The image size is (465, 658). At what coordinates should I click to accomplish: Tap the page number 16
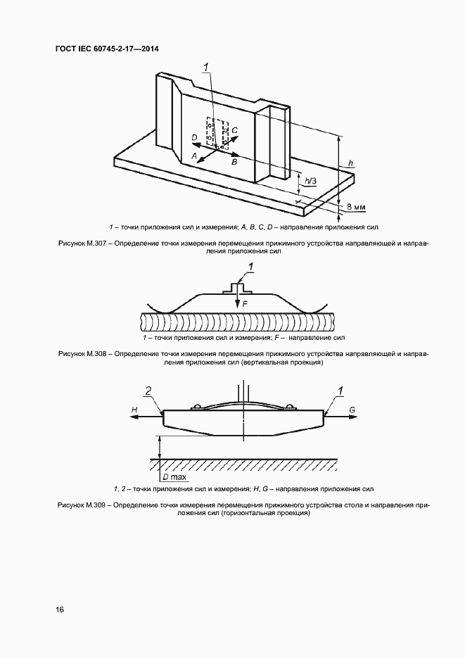pyautogui.click(x=59, y=609)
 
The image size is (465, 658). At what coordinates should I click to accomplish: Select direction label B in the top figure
pyautogui.click(x=235, y=162)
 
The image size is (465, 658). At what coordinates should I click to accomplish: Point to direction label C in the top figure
pyautogui.click(x=235, y=130)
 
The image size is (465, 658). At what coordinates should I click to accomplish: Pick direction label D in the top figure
pyautogui.click(x=194, y=137)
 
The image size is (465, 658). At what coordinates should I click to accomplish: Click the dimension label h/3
pyautogui.click(x=309, y=181)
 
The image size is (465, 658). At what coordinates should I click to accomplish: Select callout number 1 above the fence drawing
pyautogui.click(x=206, y=68)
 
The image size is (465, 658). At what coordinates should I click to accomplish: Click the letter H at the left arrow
pyautogui.click(x=134, y=408)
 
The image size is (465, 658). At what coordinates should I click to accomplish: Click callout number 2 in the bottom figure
pyautogui.click(x=148, y=391)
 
